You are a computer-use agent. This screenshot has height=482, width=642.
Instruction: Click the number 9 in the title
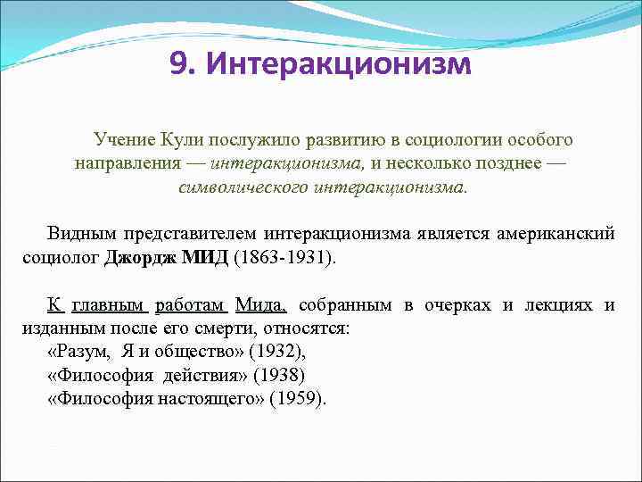[179, 65]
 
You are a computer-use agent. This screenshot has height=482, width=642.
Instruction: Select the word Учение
[125, 140]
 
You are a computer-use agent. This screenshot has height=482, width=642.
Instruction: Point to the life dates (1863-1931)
[285, 258]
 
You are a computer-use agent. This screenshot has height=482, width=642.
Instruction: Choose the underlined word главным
[109, 305]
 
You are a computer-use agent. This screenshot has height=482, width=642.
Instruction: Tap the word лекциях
[559, 305]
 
